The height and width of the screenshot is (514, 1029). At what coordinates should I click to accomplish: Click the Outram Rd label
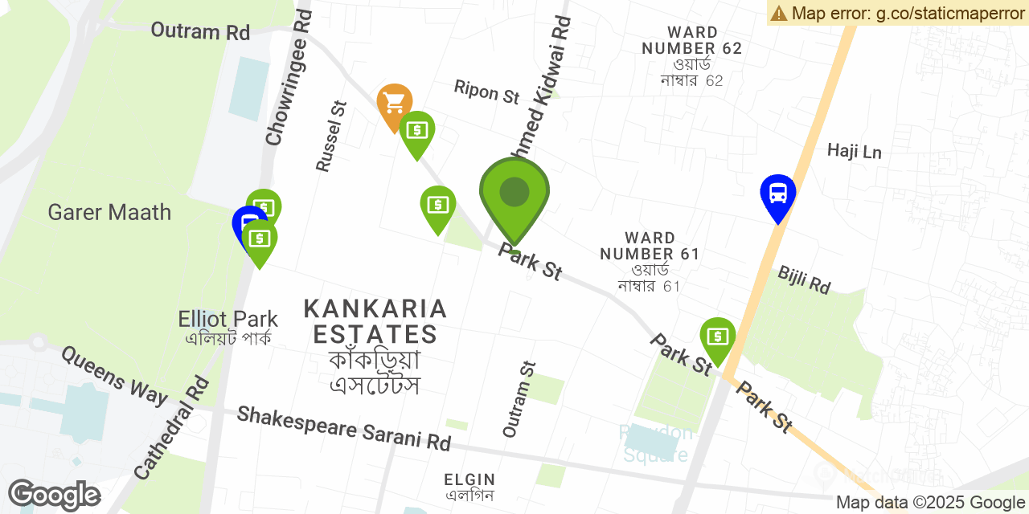tap(200, 31)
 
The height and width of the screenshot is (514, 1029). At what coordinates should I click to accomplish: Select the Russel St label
tap(330, 136)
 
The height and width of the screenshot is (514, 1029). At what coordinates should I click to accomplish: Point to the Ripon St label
tap(486, 92)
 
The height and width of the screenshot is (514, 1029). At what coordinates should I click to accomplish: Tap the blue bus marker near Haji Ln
tap(777, 194)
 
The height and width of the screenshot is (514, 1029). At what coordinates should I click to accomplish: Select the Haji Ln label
tap(854, 151)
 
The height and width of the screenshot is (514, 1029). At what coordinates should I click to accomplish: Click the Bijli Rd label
tap(803, 279)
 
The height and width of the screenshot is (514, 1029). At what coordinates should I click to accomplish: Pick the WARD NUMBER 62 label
tap(691, 56)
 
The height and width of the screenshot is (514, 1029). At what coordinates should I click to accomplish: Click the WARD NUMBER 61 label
tap(650, 261)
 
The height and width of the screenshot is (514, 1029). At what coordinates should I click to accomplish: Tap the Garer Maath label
tap(109, 213)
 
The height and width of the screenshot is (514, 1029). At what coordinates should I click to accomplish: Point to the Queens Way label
tap(113, 375)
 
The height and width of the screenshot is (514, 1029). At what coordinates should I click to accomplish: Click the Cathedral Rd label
tap(171, 428)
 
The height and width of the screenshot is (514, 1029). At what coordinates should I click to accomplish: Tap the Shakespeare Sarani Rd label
tap(343, 427)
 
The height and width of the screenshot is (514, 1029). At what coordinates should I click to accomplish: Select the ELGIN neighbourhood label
tap(469, 487)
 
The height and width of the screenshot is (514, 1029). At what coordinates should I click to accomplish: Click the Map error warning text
tap(897, 13)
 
